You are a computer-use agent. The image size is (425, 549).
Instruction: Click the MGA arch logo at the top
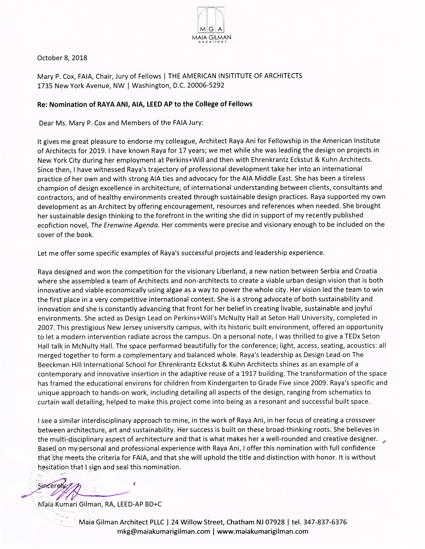click(211, 20)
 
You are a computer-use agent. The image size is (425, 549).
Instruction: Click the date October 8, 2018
click(62, 58)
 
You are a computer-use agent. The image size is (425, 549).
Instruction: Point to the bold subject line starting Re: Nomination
click(145, 104)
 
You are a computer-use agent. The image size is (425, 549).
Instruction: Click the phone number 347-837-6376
click(325, 522)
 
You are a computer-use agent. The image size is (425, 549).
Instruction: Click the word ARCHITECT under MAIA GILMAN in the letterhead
click(211, 42)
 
